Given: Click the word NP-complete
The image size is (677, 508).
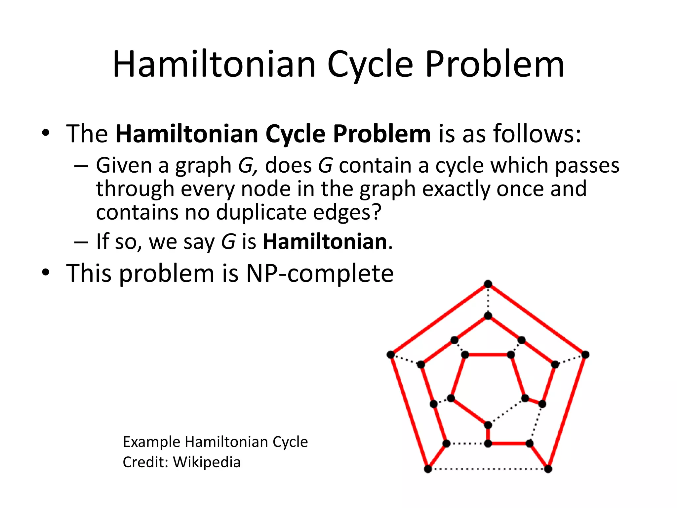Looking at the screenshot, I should [x=320, y=274].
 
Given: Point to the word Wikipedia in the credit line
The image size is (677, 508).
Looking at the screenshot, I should [x=207, y=462].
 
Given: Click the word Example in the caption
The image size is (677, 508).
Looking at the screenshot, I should [x=152, y=442].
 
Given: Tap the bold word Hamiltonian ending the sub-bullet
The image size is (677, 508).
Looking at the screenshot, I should [x=325, y=241].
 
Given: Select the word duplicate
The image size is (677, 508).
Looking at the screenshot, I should [x=261, y=212].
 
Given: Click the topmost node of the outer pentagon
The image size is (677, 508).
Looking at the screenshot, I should [x=488, y=284].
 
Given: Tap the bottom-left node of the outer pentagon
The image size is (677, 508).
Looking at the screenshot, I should [x=428, y=469].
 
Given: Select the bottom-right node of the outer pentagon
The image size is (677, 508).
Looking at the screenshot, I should [x=548, y=469].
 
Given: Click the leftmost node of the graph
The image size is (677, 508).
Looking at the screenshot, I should [x=391, y=355].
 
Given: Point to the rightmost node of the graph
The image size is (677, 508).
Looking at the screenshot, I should [x=585, y=355].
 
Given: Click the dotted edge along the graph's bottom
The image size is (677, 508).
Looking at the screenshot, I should [x=488, y=469].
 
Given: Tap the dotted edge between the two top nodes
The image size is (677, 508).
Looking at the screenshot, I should [x=488, y=300].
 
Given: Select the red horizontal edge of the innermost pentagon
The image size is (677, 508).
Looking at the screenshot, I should [x=488, y=355].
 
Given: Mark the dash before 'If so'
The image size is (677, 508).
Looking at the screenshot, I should [x=81, y=242].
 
